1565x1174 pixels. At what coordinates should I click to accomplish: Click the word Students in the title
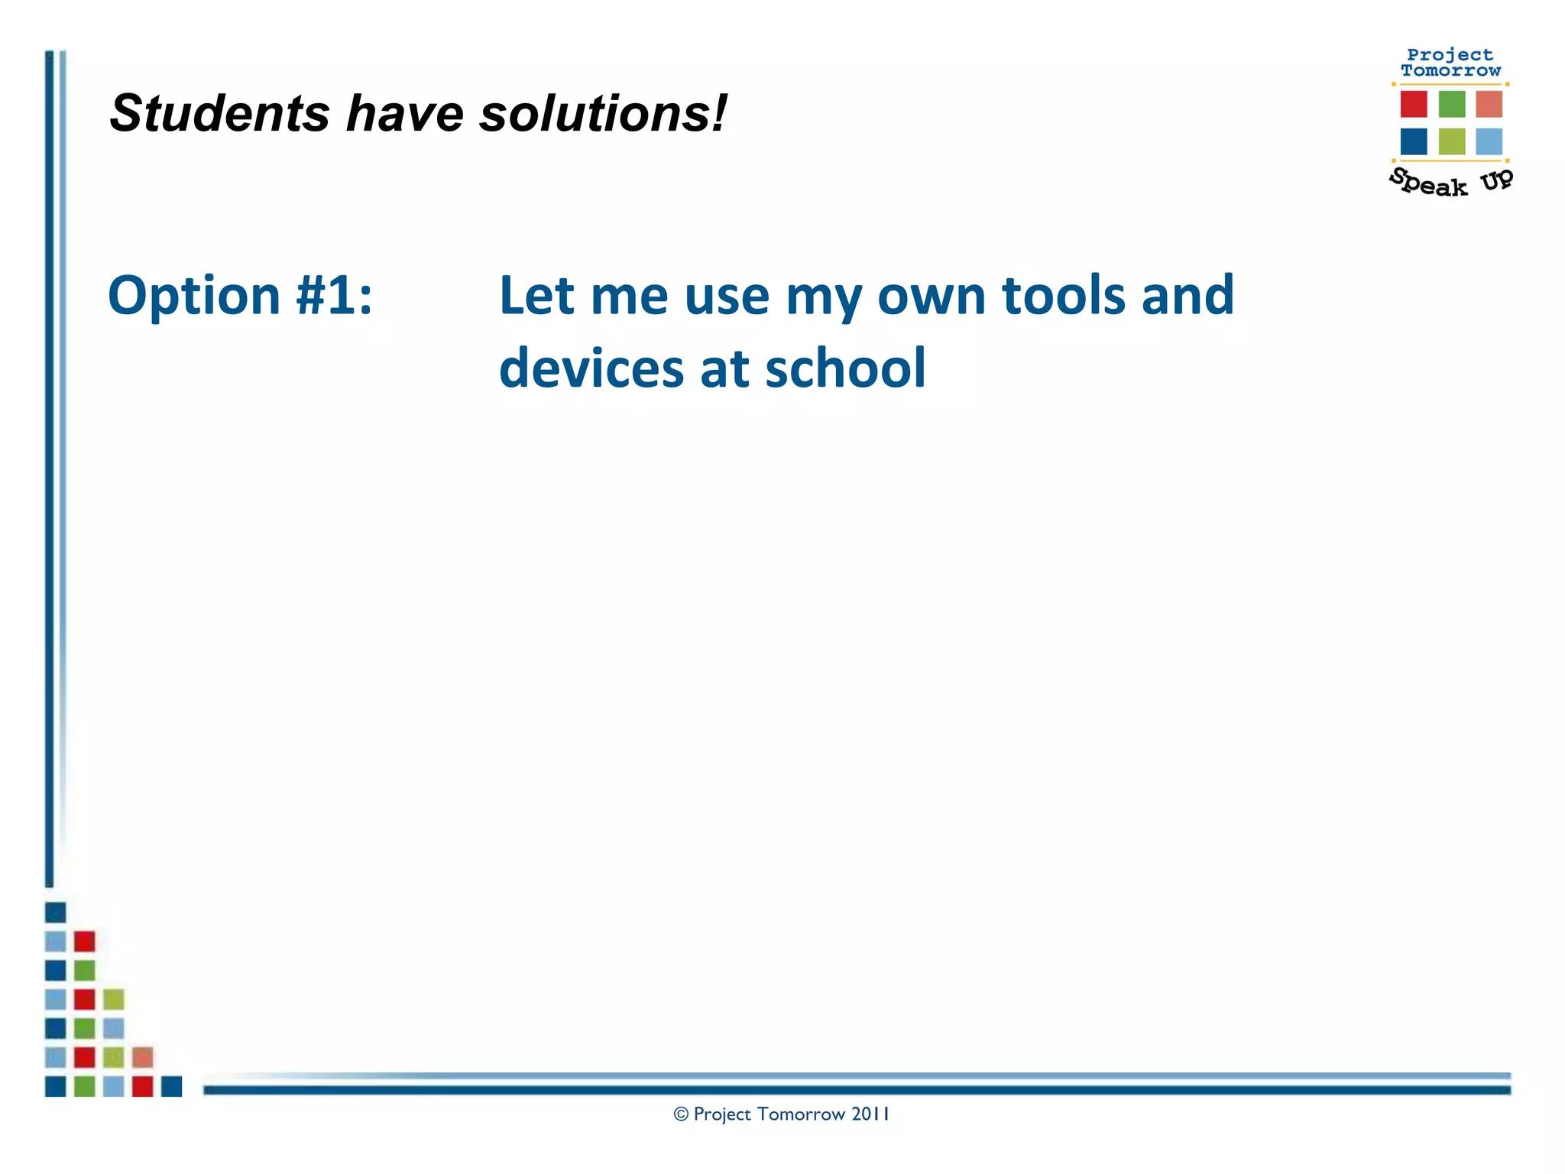click(x=219, y=114)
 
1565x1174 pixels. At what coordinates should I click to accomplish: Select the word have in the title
click(x=404, y=114)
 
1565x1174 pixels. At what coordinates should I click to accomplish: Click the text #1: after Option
click(x=334, y=296)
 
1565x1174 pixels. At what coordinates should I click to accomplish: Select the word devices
click(x=591, y=368)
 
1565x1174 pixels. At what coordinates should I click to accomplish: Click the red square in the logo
click(x=1413, y=104)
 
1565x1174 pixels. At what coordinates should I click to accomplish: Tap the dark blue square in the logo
click(x=1413, y=141)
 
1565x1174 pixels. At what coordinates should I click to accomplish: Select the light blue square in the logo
click(x=1489, y=141)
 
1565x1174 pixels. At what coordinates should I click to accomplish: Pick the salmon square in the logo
click(x=1489, y=104)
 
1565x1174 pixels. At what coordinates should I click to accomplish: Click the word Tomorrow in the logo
click(x=1450, y=71)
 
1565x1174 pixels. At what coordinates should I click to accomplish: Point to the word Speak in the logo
click(x=1427, y=183)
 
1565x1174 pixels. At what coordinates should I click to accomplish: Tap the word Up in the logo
click(x=1496, y=180)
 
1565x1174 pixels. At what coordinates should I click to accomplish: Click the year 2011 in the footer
click(x=870, y=1114)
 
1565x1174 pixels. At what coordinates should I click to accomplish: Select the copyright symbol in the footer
click(x=681, y=1114)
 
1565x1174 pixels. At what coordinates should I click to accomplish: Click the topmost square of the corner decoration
click(x=55, y=912)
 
